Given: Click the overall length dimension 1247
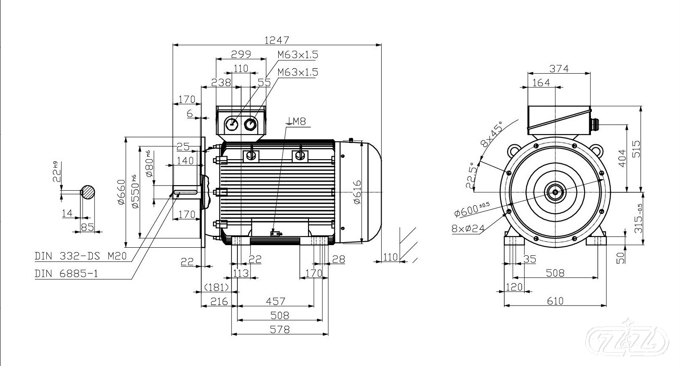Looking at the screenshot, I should pos(277,40).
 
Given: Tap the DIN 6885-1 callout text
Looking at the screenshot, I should pos(66,274).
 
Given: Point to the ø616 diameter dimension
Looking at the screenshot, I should pos(357,192).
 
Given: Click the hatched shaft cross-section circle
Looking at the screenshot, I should pos(88,192).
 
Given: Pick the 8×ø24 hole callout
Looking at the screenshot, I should pos(468,229).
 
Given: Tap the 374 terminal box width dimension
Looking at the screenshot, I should pos(559,69).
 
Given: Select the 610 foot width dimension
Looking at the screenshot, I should pos(555,301).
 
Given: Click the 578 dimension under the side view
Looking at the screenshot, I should pos(280,329).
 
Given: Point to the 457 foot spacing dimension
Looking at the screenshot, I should pos(275,301).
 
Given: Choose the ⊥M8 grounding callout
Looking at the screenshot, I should pos(296,122).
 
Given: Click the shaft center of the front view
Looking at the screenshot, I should pos(555,192).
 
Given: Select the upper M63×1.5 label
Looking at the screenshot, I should pos(298,55).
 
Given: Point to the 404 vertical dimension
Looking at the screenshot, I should pos(622,158).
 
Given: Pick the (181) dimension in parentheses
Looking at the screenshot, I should pos(217,287).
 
